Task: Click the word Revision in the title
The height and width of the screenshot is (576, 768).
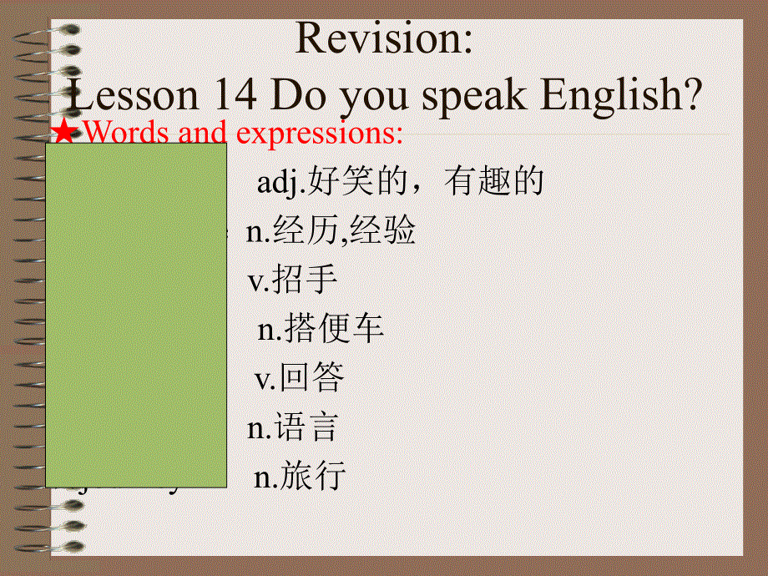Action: tap(384, 39)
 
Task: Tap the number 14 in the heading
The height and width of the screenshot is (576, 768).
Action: tap(233, 96)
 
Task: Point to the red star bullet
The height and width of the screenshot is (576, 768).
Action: tap(65, 131)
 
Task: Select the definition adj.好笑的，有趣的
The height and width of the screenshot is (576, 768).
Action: tap(400, 181)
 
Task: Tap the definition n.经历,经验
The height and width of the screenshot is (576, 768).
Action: tap(331, 231)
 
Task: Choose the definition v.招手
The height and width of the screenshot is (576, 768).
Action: tap(293, 280)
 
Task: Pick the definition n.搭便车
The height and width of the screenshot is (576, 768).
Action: tap(321, 329)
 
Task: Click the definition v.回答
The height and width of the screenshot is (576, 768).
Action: tap(299, 379)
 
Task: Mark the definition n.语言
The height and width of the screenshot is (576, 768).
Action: tap(292, 428)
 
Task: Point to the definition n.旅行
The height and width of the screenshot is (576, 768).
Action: tap(300, 477)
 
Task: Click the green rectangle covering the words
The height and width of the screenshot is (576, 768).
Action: tap(136, 315)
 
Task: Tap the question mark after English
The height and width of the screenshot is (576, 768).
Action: tap(690, 96)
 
